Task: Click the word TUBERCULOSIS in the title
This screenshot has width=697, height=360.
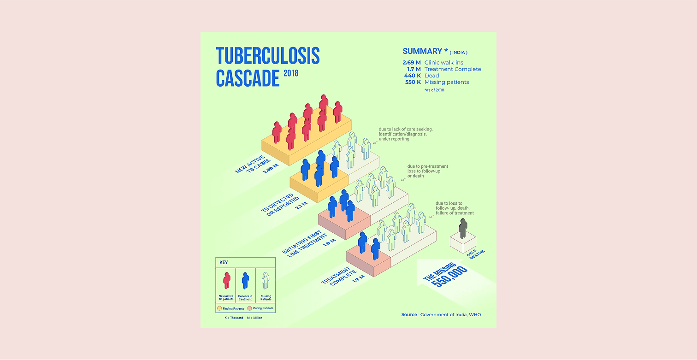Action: (x=267, y=56)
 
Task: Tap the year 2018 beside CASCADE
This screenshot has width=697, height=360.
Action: (x=291, y=73)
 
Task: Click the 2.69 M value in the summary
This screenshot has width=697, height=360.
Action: (x=411, y=63)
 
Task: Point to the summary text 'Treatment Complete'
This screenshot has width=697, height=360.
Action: (x=452, y=69)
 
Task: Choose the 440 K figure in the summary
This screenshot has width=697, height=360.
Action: (x=412, y=76)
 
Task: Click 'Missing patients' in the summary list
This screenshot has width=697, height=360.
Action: (x=446, y=82)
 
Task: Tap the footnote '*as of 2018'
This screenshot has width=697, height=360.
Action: (x=434, y=90)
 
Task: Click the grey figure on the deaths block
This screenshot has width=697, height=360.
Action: (x=463, y=228)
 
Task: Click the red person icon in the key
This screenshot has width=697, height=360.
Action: (x=226, y=280)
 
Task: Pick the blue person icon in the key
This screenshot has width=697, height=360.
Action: (x=245, y=280)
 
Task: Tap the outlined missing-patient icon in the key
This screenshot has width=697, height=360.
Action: (x=266, y=280)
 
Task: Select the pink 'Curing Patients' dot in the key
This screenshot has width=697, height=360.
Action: (x=249, y=308)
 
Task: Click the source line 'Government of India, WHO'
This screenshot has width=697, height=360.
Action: (x=450, y=315)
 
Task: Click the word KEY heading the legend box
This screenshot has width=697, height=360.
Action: (x=224, y=262)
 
